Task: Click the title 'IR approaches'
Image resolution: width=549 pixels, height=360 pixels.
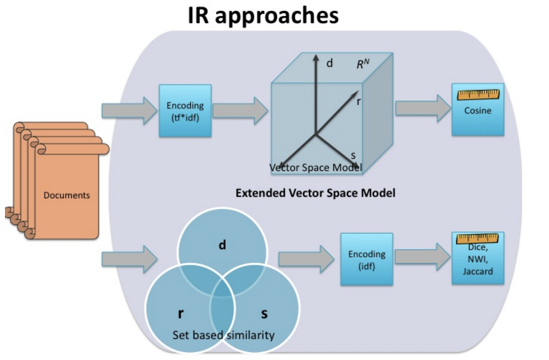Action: point(263,16)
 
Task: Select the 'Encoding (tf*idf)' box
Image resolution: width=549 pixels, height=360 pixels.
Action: point(185,110)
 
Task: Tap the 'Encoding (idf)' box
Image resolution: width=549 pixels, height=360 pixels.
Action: point(366,259)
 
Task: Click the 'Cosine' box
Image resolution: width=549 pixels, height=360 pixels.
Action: point(477,110)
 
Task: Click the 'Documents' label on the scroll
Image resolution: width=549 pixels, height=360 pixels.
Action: point(67,195)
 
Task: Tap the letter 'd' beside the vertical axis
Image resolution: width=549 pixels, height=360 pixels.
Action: point(330,64)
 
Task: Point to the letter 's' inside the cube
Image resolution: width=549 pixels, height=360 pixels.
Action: point(353,156)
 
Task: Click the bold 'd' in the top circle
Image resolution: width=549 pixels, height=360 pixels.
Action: point(222,245)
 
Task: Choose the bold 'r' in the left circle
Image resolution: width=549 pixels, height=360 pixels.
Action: point(181,314)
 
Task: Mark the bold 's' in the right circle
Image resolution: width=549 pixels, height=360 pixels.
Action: point(264,314)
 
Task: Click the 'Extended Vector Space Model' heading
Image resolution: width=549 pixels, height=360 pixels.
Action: point(315,192)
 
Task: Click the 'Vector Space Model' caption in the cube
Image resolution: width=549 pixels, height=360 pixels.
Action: point(315,168)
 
